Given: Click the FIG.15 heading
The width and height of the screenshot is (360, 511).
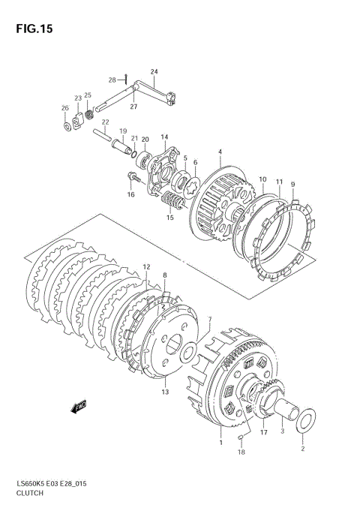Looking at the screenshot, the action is click(34, 29).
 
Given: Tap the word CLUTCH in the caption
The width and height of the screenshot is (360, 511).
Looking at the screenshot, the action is click(30, 493).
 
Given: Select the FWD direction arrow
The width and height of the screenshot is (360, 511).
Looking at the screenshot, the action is click(79, 407).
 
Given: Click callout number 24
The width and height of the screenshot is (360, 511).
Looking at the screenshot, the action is click(154, 71).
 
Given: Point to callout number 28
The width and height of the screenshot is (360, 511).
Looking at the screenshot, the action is click(112, 80).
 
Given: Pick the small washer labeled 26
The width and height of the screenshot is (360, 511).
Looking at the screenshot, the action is click(67, 126).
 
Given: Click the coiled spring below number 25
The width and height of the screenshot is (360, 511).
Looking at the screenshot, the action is click(89, 114).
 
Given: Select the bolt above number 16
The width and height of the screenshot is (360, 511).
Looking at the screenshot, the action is click(133, 177).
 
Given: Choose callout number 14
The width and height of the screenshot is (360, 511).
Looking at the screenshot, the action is click(164, 137).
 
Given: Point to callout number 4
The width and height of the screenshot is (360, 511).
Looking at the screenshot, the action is click(220, 152).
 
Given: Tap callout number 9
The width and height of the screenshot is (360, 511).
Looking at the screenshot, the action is click(293, 185).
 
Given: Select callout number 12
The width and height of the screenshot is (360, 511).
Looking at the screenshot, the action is click(146, 267).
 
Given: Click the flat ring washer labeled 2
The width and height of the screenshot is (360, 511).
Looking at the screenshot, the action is click(306, 421).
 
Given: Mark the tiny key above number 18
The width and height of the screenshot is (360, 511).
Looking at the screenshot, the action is click(241, 438).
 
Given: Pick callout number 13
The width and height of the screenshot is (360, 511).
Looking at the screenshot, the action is click(165, 392).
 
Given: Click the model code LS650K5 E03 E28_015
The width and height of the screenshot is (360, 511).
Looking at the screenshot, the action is click(51, 483).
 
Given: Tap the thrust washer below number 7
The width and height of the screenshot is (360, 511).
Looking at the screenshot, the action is click(188, 353).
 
